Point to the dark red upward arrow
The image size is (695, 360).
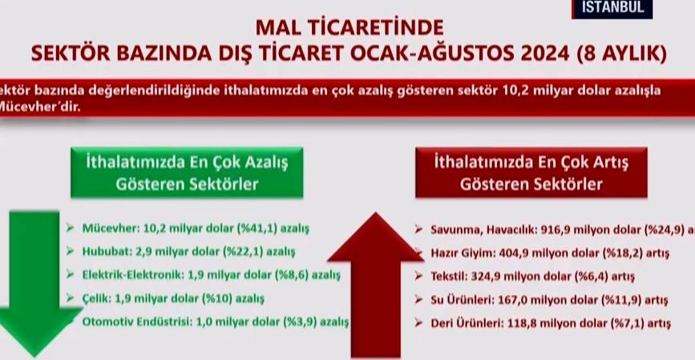tap(377, 281)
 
